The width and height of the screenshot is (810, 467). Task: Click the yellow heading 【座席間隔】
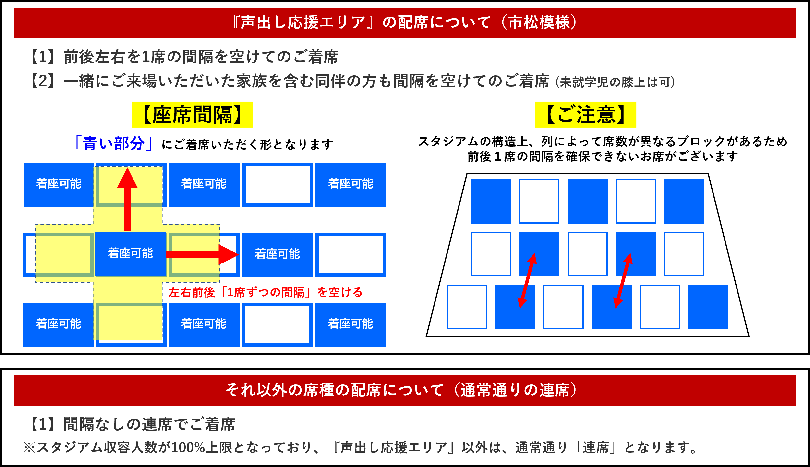pos(192,115)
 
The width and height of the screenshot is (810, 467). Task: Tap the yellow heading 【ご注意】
pos(585,115)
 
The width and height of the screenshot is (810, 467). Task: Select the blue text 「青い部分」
pos(113,143)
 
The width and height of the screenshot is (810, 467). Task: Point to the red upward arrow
pos(127,199)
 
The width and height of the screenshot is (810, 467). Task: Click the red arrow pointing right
pos(202,255)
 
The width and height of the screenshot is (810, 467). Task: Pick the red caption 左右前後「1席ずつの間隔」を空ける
pos(266,292)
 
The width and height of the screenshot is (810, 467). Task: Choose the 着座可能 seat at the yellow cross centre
pos(130,254)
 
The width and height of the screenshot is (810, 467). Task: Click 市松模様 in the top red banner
pos(539,23)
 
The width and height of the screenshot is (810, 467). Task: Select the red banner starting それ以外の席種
pos(405,390)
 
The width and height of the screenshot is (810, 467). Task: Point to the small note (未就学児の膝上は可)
pos(615,82)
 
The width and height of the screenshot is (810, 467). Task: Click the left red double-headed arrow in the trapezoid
pos(527,281)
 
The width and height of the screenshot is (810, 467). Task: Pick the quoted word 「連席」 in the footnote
pos(596,447)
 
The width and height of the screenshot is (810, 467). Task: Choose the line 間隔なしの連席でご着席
pos(149,424)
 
